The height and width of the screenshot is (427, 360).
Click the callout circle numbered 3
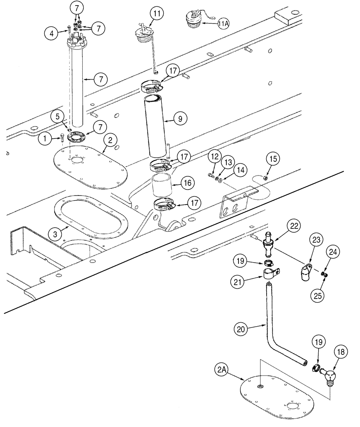[x=55, y=234]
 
